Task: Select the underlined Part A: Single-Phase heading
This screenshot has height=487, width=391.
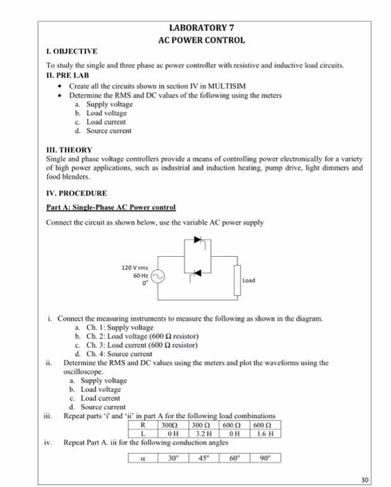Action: pyautogui.click(x=111, y=207)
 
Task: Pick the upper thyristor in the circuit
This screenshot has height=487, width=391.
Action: pyautogui.click(x=201, y=240)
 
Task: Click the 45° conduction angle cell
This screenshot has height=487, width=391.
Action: pyautogui.click(x=202, y=458)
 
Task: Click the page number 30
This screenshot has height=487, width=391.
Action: pyautogui.click(x=365, y=479)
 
